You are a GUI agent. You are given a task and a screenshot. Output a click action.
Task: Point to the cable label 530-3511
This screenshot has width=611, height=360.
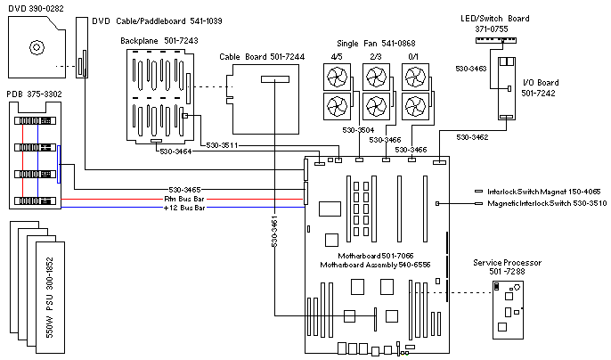221,145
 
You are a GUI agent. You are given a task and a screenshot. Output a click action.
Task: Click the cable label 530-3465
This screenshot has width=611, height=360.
184,189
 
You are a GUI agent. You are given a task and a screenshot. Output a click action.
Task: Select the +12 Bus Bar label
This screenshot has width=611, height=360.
183,207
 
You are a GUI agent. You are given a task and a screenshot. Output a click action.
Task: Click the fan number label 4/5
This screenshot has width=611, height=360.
336,56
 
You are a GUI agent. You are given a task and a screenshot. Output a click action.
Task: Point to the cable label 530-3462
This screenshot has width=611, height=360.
472,137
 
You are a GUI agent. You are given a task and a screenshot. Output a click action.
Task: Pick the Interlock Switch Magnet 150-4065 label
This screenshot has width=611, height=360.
542,191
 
